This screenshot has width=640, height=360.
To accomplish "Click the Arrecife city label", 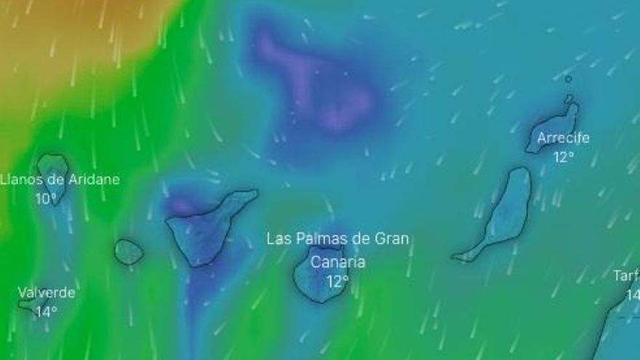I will [x=563, y=138].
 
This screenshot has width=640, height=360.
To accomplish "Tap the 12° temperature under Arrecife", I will [x=563, y=156].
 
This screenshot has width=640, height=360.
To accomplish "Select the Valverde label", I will [x=47, y=293].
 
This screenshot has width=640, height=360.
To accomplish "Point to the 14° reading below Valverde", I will [x=46, y=311].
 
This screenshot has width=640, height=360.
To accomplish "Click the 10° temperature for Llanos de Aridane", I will [x=46, y=198].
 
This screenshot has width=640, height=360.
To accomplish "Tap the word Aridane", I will [x=91, y=180].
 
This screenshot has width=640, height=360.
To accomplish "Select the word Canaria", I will [x=337, y=262].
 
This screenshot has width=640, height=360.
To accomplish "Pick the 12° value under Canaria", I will [x=337, y=281].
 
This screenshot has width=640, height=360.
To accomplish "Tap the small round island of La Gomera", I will [x=129, y=252].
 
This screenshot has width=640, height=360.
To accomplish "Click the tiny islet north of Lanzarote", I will [x=568, y=79].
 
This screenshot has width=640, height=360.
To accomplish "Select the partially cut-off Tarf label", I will [x=626, y=276].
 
